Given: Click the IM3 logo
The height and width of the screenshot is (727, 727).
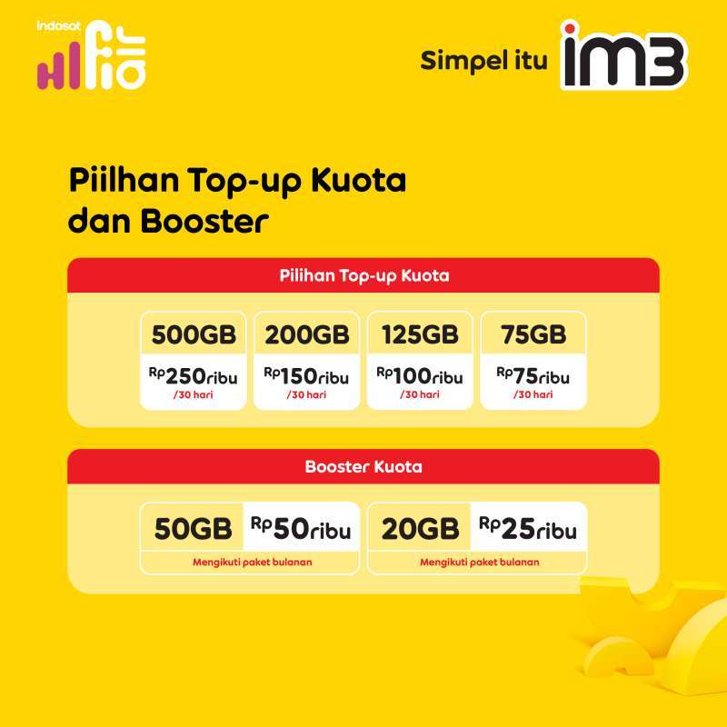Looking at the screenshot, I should pos(623,57).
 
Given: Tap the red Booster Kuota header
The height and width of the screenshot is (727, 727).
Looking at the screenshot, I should pos(363,468).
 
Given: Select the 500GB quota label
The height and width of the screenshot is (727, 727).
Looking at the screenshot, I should pos(194,335).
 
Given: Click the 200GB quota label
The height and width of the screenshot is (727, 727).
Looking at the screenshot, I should pos(307,335).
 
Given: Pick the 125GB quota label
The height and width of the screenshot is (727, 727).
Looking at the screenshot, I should pos(420,335).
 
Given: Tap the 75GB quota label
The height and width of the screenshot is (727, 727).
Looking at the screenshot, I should pos(533,335).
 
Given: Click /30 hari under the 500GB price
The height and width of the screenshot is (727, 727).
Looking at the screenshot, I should pos(194,395).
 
